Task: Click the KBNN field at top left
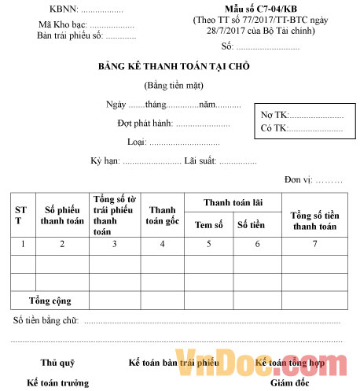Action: tap(86, 10)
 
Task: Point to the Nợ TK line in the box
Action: tap(302, 115)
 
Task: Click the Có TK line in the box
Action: tap(302, 127)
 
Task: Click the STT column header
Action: tap(23, 215)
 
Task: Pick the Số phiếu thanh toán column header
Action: tap(62, 215)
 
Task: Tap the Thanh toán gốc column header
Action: tap(162, 215)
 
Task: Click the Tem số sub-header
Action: tap(209, 224)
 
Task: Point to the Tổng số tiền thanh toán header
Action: tap(314, 220)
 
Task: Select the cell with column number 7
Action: tap(314, 244)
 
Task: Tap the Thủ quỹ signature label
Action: tap(57, 363)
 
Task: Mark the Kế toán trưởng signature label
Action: tap(57, 382)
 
